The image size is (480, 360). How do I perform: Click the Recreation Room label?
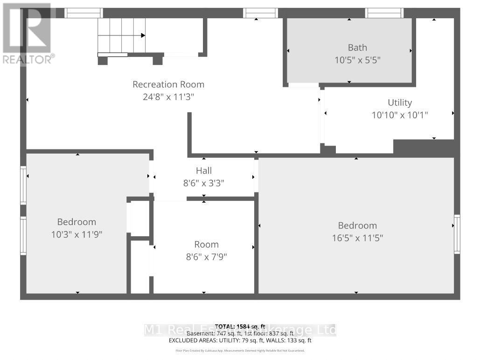[x=168, y=85]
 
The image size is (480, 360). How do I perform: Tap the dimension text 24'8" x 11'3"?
[x=168, y=97]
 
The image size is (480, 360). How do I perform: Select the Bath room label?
[x=357, y=48]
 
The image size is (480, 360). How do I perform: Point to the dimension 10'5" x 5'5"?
[x=357, y=60]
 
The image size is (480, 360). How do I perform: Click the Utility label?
[x=400, y=103]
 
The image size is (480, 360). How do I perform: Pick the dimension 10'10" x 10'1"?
[x=400, y=115]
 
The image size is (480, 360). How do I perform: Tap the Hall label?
[x=204, y=171]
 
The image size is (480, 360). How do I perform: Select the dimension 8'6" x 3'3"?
[x=204, y=184]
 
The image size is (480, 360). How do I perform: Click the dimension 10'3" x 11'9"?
[x=77, y=234]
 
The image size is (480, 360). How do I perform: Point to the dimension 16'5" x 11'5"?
[x=357, y=238]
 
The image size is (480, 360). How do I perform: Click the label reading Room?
[x=206, y=245]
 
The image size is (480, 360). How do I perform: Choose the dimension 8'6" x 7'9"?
[x=206, y=257]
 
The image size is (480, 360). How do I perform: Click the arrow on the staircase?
[x=143, y=35]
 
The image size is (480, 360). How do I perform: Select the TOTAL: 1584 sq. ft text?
[x=239, y=326]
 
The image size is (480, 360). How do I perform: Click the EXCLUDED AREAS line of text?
[x=239, y=340]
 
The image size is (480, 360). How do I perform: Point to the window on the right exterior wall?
[x=457, y=234]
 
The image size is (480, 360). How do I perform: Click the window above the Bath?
[x=383, y=13]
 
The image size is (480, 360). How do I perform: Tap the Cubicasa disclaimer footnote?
[x=239, y=350]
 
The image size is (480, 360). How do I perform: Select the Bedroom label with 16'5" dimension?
[x=357, y=226]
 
